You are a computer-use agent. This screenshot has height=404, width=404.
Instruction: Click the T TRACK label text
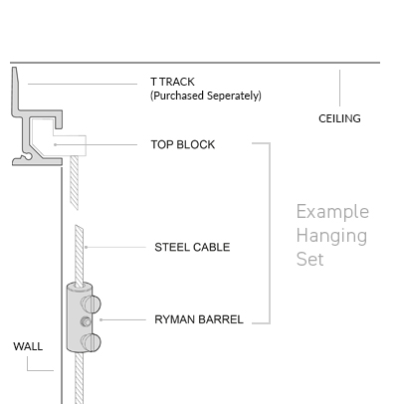pos(172,82)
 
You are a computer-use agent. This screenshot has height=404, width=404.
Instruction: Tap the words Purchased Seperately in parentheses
pos(206,96)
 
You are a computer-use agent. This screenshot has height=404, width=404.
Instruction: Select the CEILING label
pos(339,118)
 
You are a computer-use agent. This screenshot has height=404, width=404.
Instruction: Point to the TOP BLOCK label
pos(183,144)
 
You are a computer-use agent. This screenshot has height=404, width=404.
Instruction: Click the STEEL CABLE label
pos(192,247)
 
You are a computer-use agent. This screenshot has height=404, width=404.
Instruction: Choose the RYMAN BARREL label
pos(199,319)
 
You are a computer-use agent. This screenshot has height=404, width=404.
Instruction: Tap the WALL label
pos(28,346)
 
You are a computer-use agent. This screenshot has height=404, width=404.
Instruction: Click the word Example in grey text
pos(332,212)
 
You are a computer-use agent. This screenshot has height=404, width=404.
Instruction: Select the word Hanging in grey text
pos(331,236)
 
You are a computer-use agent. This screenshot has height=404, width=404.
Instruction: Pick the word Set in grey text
pos(309,259)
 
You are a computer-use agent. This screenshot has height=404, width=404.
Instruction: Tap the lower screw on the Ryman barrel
pos(92,342)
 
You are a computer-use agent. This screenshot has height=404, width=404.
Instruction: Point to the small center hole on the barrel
pos(86,321)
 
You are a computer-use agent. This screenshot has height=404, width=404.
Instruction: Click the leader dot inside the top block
pos(56,144)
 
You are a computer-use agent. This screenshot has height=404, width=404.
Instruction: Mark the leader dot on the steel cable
pos(86,247)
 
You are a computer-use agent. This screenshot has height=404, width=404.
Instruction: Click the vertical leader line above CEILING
pos(339,88)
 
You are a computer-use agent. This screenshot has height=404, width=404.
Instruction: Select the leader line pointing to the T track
pos(83,84)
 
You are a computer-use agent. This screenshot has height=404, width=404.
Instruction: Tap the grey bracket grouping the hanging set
pos(270,233)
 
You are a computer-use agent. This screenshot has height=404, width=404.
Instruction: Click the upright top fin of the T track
pos(15,90)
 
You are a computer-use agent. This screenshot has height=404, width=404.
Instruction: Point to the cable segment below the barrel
pos(79,378)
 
